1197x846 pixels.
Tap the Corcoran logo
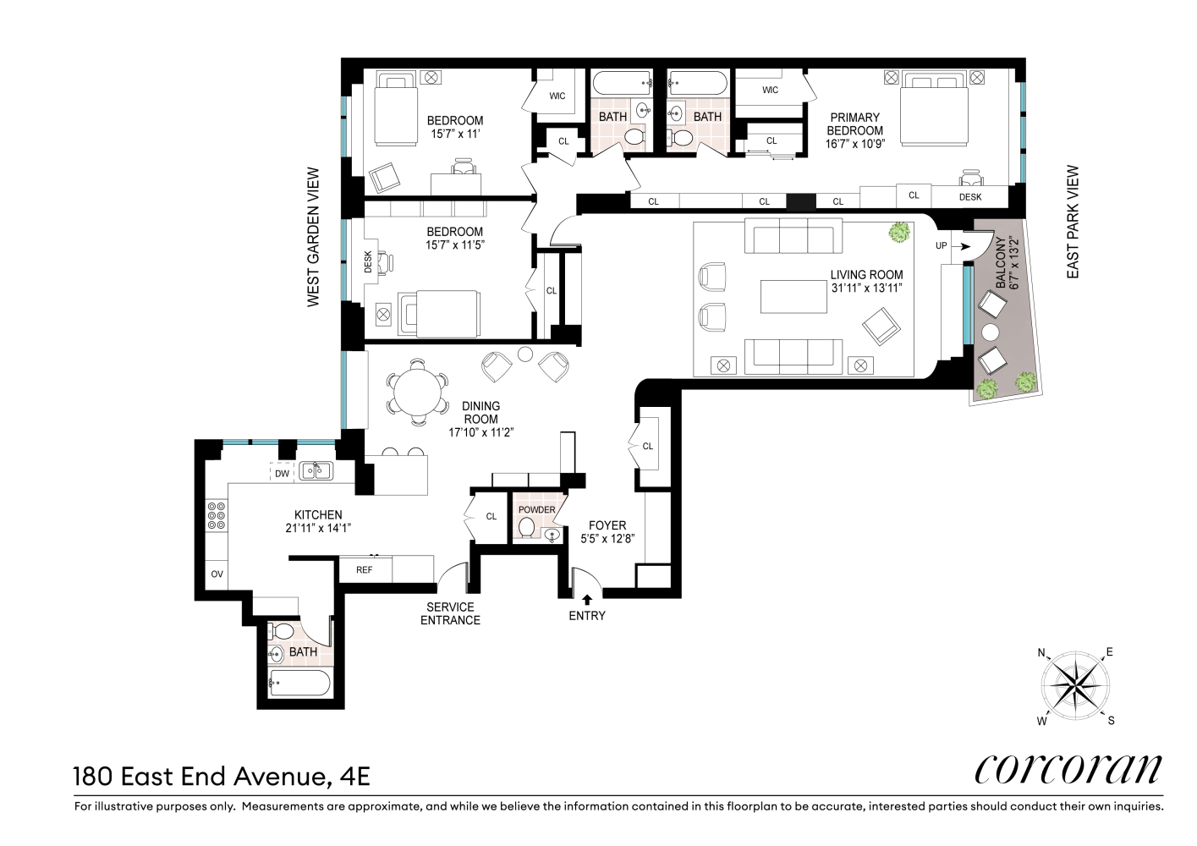coord(1068,770)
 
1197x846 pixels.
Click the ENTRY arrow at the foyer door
coord(587,599)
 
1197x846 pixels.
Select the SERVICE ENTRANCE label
coord(451,613)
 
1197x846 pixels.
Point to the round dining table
coord(417,393)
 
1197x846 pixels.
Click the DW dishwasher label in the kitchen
coord(283,474)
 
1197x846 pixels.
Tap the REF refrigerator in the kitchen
coord(365,569)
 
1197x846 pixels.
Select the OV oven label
coord(217,574)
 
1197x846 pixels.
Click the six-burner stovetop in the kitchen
coord(217,516)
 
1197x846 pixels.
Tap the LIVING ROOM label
coord(866,275)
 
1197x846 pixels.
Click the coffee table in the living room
coord(793,297)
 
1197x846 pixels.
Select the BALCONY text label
coord(1000,263)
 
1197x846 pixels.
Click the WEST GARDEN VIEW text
coord(313,237)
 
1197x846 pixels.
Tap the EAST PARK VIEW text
coord(1073,222)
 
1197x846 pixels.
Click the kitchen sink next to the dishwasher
coord(316,471)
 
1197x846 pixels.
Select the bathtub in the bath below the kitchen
coord(299,683)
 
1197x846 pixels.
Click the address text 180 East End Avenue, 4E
coord(222,777)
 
